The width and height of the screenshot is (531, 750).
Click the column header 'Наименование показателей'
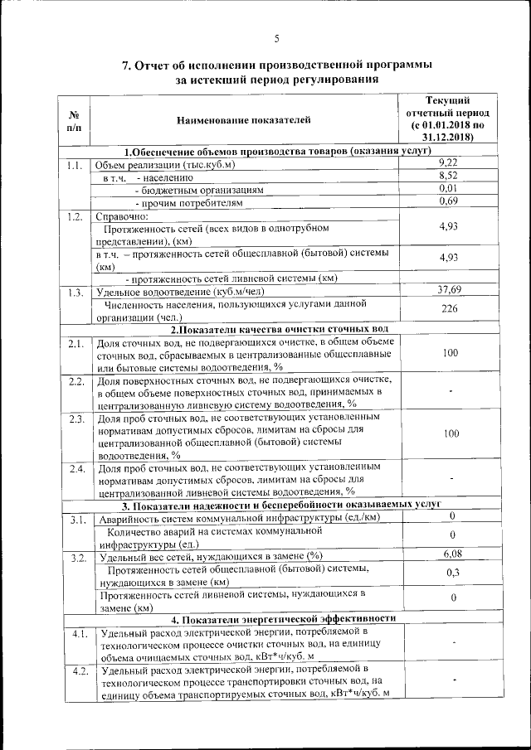click(x=243, y=121)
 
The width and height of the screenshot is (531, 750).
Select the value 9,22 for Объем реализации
click(x=449, y=162)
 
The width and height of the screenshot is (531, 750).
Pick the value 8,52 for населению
click(x=449, y=176)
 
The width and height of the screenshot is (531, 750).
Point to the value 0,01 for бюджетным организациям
click(x=449, y=189)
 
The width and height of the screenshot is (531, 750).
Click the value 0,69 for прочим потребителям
click(x=449, y=201)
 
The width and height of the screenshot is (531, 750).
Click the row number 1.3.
click(x=76, y=293)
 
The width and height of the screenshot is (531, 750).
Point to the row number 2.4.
click(x=76, y=471)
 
